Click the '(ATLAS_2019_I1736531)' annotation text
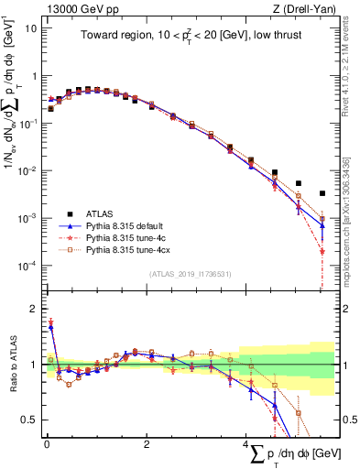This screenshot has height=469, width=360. [x=191, y=273]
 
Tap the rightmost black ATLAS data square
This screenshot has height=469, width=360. [x=322, y=193]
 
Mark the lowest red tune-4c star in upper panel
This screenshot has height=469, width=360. [x=322, y=250]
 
